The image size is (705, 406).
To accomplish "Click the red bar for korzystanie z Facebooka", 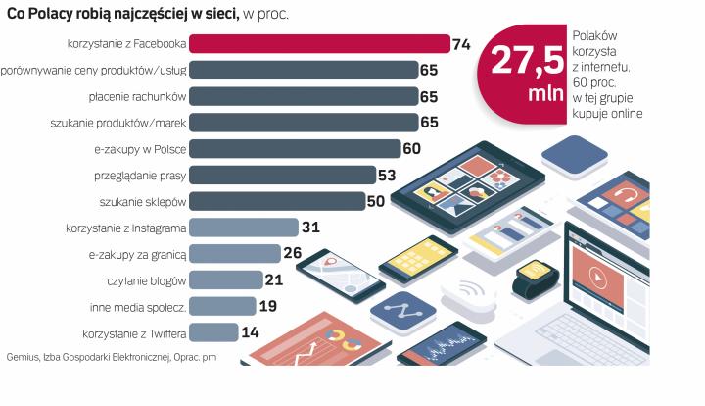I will pyautogui.click(x=318, y=44).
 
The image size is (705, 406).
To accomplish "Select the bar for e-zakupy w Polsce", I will pyautogui.click(x=294, y=149).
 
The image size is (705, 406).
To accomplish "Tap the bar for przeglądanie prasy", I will pyautogui.click(x=282, y=176).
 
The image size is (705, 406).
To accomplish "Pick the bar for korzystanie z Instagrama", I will pyautogui.click(x=243, y=228).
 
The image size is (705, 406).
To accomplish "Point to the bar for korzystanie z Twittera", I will pyautogui.click(x=213, y=332).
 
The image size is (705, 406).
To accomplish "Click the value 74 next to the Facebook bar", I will pyautogui.click(x=463, y=44).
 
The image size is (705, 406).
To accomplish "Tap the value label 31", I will pyautogui.click(x=311, y=228).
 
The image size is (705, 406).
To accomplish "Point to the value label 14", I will pyautogui.click(x=251, y=332).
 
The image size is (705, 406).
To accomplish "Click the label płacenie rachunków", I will pyautogui.click(x=136, y=97).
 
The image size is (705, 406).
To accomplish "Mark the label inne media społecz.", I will pyautogui.click(x=138, y=307).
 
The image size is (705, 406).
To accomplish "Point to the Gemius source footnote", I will pyautogui.click(x=111, y=357).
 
